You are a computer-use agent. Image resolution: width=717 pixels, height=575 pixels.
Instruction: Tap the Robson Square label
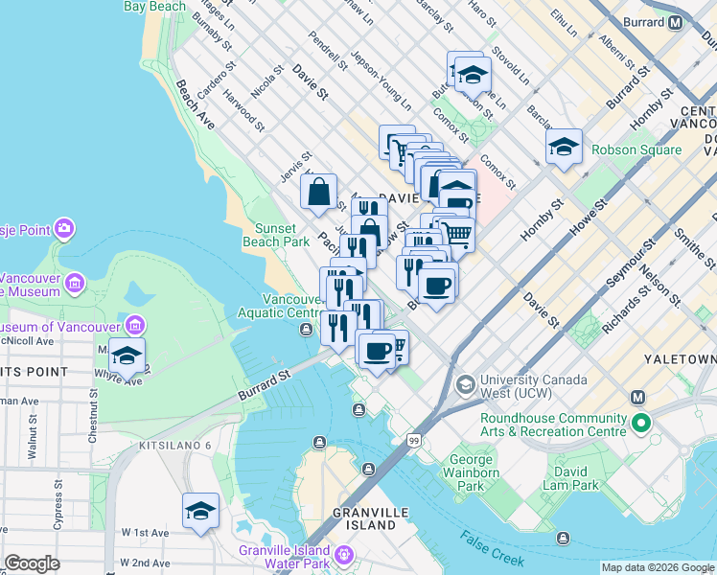(636, 149)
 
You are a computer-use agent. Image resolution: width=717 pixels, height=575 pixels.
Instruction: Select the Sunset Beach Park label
(282, 235)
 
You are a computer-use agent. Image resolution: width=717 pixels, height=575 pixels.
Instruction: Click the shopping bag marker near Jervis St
(319, 191)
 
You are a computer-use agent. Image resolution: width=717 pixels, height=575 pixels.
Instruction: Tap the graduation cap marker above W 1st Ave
(200, 511)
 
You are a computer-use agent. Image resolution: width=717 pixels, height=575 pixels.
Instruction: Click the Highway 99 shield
(414, 440)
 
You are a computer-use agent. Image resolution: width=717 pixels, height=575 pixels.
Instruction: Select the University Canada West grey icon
(465, 385)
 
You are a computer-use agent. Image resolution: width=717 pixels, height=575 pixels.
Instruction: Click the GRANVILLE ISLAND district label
(364, 518)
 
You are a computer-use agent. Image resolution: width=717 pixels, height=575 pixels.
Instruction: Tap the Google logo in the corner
(32, 563)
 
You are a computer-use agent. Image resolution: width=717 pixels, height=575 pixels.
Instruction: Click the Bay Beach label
(154, 7)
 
